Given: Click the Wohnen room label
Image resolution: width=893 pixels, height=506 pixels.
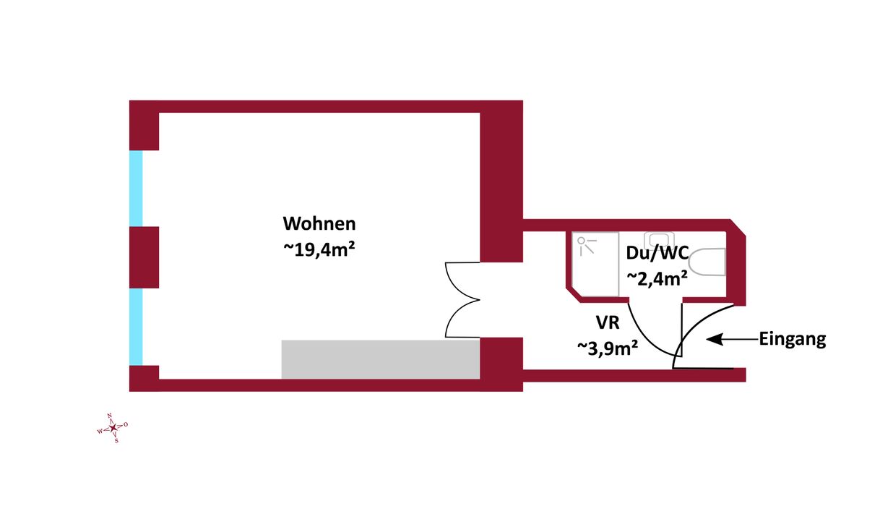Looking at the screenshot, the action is tap(319, 223).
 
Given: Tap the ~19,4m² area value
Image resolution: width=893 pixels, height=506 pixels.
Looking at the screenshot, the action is tap(319, 250).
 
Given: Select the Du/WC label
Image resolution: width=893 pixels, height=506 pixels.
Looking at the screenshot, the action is tap(657, 253).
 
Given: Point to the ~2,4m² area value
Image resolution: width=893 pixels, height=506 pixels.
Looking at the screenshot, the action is tap(657, 278).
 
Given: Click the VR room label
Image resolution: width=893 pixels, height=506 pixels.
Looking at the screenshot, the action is tap(608, 322).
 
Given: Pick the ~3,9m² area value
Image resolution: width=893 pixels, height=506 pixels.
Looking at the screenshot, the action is tap(608, 348).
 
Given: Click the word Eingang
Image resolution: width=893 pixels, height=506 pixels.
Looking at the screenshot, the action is tap(792, 339).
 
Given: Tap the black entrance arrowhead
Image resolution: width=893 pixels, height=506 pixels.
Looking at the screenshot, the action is tap(715, 339).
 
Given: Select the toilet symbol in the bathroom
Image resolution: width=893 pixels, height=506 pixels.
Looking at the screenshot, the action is tap(707, 262).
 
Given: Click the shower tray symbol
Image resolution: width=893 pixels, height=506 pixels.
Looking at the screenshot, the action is tap(595, 265).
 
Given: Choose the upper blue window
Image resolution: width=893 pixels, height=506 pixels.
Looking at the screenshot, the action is tap(136, 188).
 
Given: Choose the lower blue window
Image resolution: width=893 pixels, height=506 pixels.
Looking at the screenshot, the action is tap(136, 327).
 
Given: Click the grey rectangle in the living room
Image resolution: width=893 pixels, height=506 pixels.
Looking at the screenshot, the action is tap(381, 359).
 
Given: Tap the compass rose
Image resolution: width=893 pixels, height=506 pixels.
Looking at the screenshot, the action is tap(113, 428).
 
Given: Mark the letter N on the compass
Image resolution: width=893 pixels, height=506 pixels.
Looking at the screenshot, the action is tap(109, 416).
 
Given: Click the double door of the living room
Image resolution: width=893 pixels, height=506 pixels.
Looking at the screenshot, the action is tap(462, 300).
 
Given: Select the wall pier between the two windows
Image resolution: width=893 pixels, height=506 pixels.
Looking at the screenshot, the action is tap(144, 257).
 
